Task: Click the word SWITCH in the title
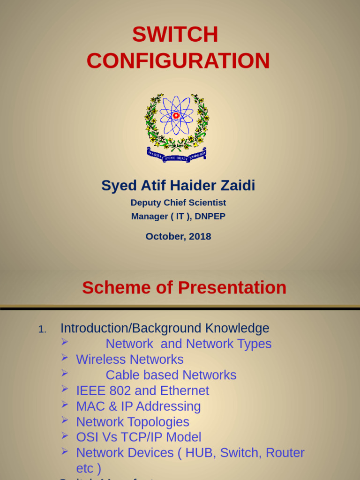[175, 35]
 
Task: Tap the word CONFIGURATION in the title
[178, 61]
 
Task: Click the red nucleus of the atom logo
[176, 115]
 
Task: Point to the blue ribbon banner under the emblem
[177, 156]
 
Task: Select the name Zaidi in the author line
[237, 186]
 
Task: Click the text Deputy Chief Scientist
[178, 202]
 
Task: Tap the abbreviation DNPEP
[211, 217]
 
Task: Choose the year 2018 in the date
[200, 236]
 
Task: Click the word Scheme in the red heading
[113, 287]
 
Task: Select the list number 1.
[42, 330]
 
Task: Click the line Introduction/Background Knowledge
[165, 328]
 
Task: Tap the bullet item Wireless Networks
[129, 360]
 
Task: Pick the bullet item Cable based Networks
[171, 375]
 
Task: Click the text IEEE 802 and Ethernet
[142, 390]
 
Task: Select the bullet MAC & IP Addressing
[138, 406]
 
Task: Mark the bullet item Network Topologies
[133, 422]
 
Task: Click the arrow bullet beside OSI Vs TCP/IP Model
[65, 436]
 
